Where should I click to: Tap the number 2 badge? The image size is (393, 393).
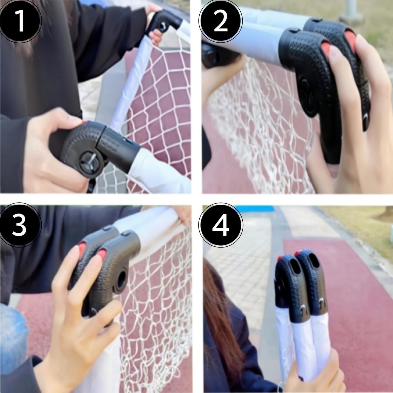221,21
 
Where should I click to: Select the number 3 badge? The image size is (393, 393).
20,225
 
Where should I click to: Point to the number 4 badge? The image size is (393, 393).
221,225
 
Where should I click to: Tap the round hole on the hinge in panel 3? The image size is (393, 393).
122,278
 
